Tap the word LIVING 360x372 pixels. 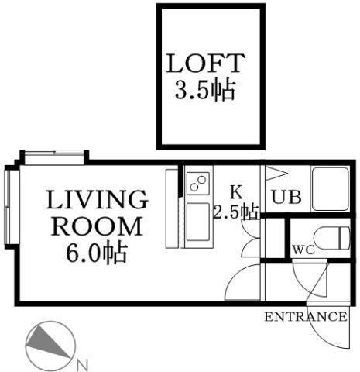(97, 201)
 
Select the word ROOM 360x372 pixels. (97, 227)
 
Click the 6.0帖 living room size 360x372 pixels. (97, 253)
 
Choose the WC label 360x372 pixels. (303, 250)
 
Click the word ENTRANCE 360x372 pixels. (305, 317)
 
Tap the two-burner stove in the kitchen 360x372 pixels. (197, 184)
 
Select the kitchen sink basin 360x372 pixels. (197, 223)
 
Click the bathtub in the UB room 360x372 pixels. (331, 188)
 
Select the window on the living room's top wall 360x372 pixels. (53, 157)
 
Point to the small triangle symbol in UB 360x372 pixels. (274, 173)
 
